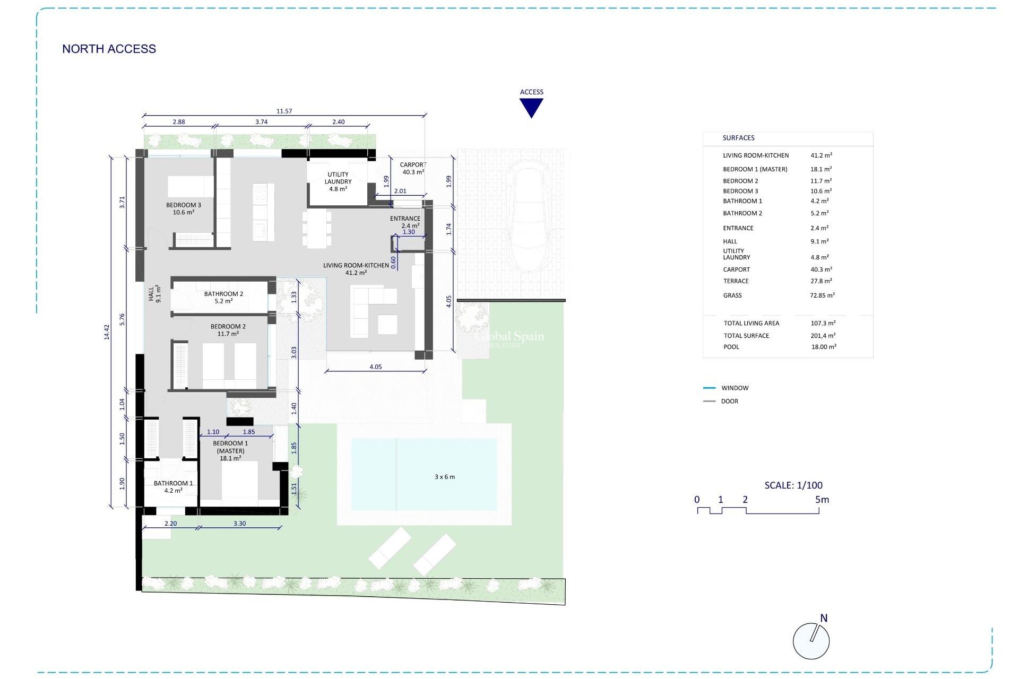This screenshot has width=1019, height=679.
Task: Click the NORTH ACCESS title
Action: (x=109, y=49)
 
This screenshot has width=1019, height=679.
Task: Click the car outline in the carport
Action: (x=529, y=217)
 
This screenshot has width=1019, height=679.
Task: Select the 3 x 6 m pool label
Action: (x=444, y=477)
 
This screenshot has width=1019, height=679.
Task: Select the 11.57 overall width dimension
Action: (x=284, y=111)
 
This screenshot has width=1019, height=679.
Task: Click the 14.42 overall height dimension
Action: (x=106, y=332)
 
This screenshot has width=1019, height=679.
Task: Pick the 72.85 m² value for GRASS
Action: (x=822, y=295)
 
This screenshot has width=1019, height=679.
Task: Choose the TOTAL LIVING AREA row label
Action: (x=751, y=323)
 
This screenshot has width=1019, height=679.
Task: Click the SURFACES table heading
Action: (x=738, y=138)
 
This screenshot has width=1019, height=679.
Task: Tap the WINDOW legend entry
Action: (x=735, y=388)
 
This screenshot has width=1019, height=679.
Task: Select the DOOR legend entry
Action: (x=729, y=402)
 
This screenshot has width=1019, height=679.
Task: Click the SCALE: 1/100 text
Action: (x=793, y=485)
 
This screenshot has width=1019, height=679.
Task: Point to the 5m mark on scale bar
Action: (x=822, y=500)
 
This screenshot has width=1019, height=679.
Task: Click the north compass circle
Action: (x=810, y=641)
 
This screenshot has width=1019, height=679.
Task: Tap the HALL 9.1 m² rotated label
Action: (x=154, y=294)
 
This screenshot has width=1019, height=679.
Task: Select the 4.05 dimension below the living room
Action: (x=375, y=367)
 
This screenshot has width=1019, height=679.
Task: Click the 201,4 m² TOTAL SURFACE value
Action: (x=823, y=336)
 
